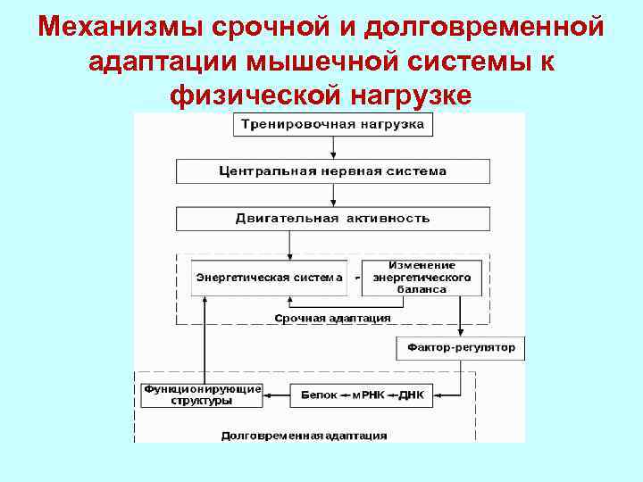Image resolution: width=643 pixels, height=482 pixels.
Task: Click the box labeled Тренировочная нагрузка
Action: pyautogui.click(x=333, y=124)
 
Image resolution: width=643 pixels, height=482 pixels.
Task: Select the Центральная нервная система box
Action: pyautogui.click(x=333, y=170)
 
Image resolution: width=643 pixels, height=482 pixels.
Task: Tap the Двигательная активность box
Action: pyautogui.click(x=333, y=218)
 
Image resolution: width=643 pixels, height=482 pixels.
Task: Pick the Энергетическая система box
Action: pyautogui.click(x=269, y=278)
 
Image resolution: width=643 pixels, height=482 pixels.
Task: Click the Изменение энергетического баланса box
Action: pyautogui.click(x=422, y=278)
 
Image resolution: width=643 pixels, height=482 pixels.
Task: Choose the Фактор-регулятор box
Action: pyautogui.click(x=460, y=347)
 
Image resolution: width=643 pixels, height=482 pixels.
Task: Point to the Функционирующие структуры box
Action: pyautogui.click(x=202, y=395)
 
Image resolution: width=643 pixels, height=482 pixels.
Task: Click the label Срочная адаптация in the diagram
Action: pyautogui.click(x=332, y=317)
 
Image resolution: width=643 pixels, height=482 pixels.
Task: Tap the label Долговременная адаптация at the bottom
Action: pyautogui.click(x=304, y=436)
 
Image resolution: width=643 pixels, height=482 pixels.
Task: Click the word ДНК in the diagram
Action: pyautogui.click(x=412, y=395)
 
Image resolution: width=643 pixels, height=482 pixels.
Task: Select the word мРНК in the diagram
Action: pyautogui.click(x=368, y=395)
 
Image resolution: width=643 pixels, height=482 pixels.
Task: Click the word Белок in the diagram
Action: pyautogui.click(x=319, y=395)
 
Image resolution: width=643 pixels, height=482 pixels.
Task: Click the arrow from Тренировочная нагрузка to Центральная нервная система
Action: pyautogui.click(x=333, y=147)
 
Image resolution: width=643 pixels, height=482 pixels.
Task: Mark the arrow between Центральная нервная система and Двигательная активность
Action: pyautogui.click(x=333, y=195)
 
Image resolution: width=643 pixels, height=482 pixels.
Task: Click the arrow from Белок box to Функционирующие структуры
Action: pyautogui.click(x=277, y=395)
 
